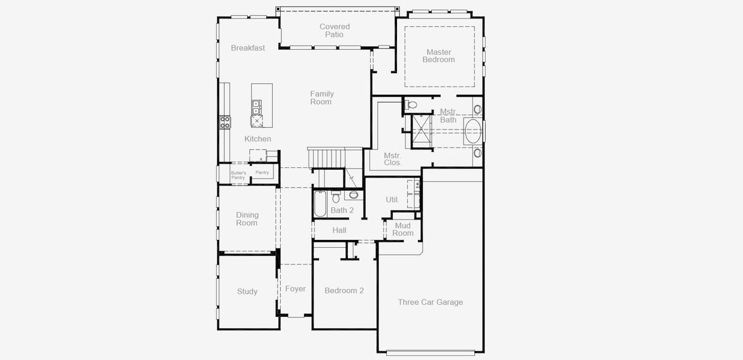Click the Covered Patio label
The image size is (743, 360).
click(335, 31)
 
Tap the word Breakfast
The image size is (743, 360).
click(248, 48)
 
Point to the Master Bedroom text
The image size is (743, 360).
click(438, 56)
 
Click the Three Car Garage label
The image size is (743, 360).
click(430, 302)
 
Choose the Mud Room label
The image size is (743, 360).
click(402, 229)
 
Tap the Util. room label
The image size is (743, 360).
click(392, 200)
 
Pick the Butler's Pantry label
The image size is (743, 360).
click(239, 175)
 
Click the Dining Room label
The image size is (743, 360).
click(247, 219)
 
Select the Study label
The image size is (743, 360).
click(247, 292)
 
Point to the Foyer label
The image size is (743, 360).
click(295, 289)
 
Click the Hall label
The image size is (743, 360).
click(339, 230)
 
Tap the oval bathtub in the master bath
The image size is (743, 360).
click(473, 131)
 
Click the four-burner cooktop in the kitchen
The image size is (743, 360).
click(224, 122)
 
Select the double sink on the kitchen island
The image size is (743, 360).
click(256, 107)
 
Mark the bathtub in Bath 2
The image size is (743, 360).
click(320, 203)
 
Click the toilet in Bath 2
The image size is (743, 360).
click(336, 197)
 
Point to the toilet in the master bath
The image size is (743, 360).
click(411, 105)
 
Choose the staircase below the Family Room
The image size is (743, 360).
click(326, 158)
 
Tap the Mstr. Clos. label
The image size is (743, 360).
click(393, 159)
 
